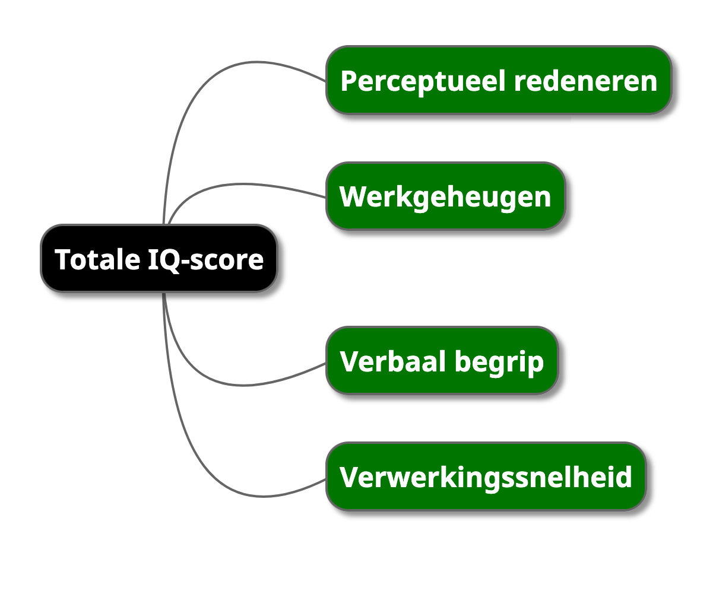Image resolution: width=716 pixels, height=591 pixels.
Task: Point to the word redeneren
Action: coord(585,81)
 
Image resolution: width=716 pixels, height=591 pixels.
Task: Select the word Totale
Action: coord(96,259)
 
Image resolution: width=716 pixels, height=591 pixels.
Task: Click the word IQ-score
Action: coord(204,260)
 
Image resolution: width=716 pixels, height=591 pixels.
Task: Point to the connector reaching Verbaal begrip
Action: coord(237,385)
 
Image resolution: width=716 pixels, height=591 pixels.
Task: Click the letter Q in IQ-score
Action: coord(168,260)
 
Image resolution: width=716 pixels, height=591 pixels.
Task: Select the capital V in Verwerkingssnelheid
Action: coord(349,477)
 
